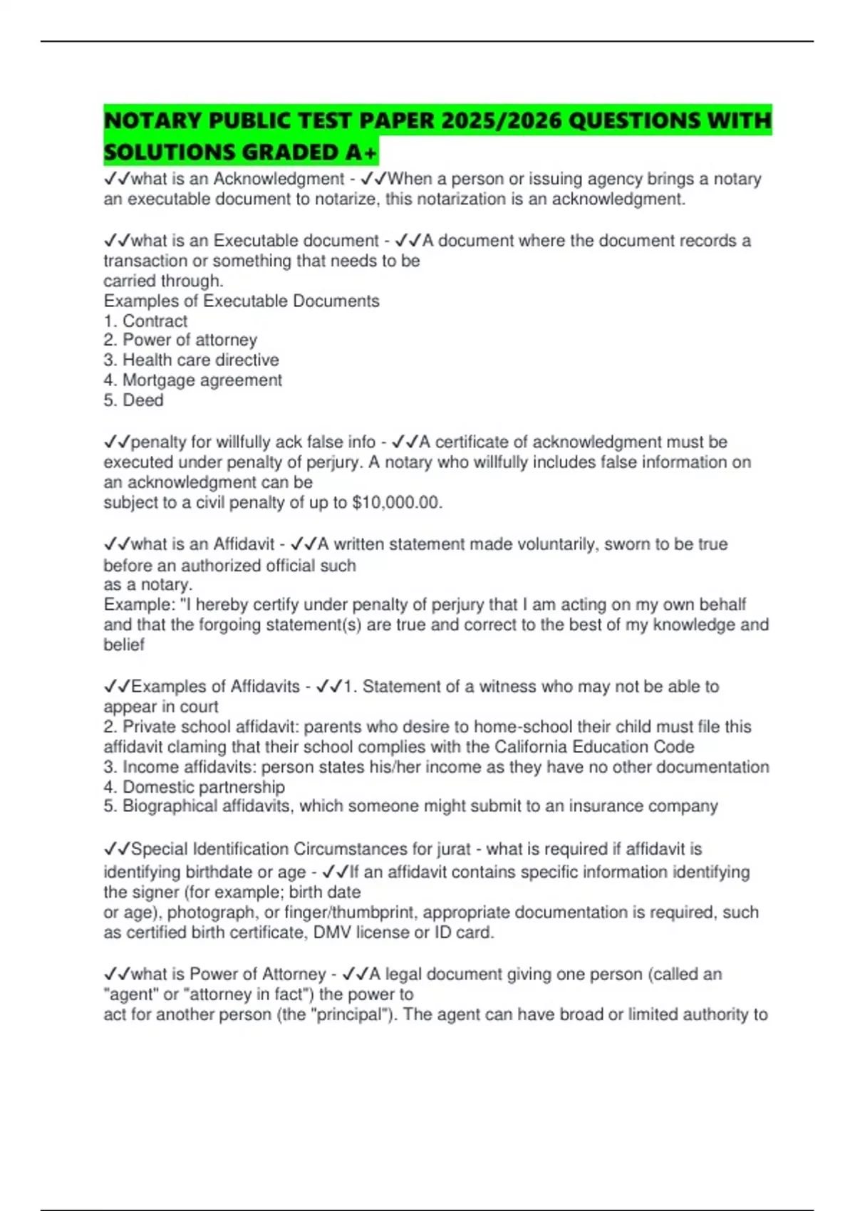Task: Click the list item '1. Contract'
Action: pos(145,321)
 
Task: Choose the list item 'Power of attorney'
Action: pos(190,340)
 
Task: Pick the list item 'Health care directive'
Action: pos(200,360)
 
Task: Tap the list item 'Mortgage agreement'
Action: pos(202,380)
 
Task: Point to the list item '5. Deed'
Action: pos(133,400)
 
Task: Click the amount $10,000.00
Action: pos(396,502)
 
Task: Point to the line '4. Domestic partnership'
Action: pos(194,786)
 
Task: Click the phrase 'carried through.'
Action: pos(163,281)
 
